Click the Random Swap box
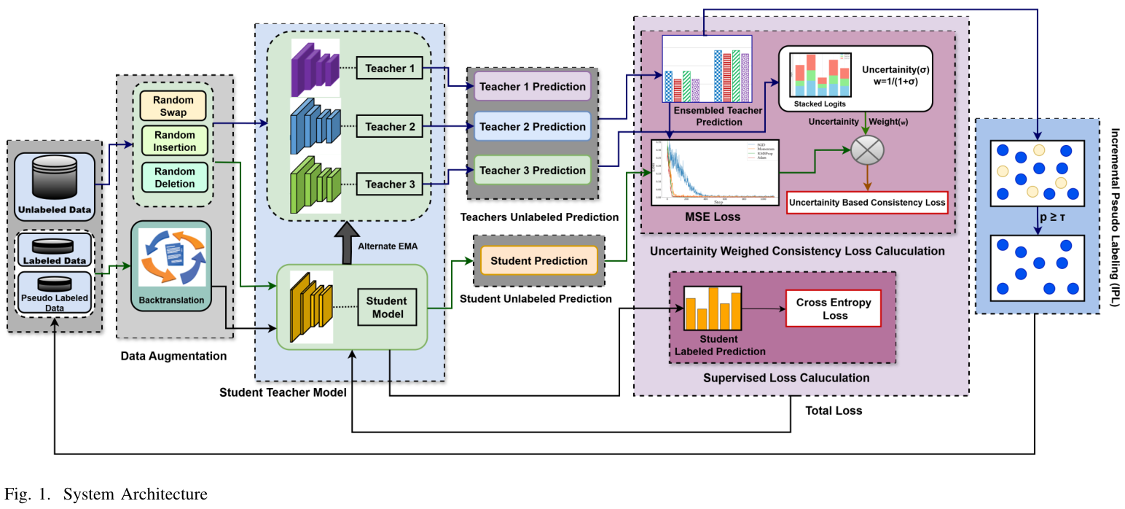[x=173, y=106]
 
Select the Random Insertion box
[x=174, y=141]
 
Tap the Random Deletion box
[x=174, y=177]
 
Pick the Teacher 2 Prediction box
[x=532, y=126]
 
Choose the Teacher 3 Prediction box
[x=532, y=170]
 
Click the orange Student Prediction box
[x=538, y=260]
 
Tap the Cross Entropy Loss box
[x=833, y=309]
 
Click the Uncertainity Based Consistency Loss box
[x=867, y=202]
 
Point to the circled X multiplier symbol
[x=867, y=150]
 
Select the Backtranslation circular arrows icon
[x=170, y=257]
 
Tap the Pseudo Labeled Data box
[x=55, y=292]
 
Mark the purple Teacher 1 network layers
[x=313, y=69]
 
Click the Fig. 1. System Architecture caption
[x=106, y=494]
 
